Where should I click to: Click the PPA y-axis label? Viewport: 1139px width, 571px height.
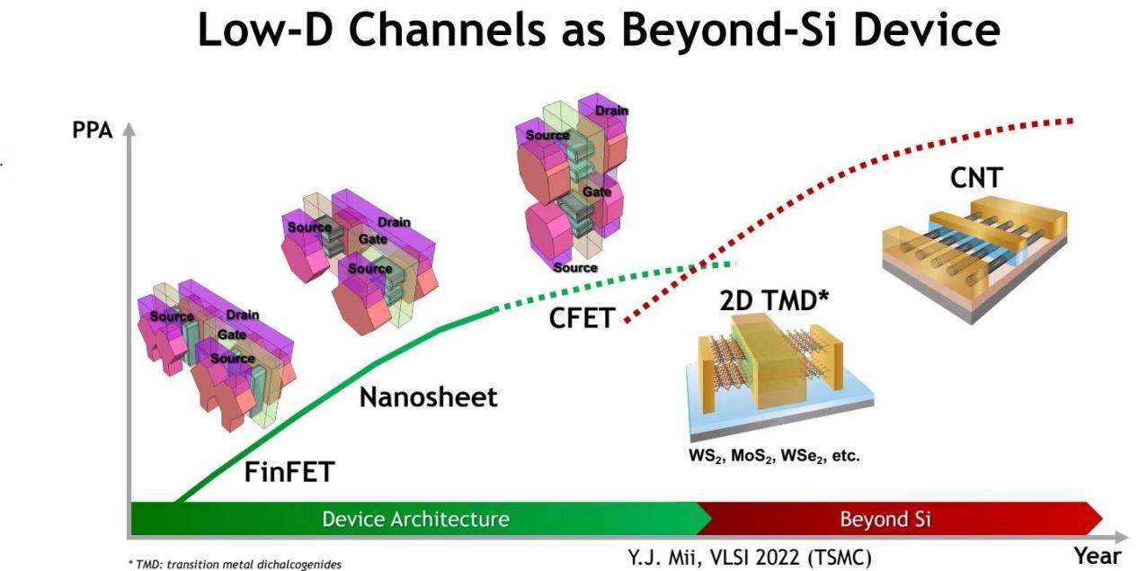93,130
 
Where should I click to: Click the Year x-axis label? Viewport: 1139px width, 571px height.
1098,556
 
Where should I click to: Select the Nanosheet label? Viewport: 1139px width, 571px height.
428,397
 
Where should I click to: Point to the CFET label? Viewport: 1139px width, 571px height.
581,317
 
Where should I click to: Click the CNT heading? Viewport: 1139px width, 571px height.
975,179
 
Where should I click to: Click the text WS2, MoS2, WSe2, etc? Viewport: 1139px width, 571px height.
769,456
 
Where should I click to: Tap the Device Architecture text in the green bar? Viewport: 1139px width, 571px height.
415,519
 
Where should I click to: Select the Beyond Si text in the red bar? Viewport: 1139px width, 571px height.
885,519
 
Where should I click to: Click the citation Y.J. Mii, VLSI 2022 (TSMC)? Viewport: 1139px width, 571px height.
749,558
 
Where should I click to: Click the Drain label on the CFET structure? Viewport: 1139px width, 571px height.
611,111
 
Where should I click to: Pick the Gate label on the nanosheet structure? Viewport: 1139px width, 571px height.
373,239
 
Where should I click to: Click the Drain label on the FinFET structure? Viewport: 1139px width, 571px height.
243,315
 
